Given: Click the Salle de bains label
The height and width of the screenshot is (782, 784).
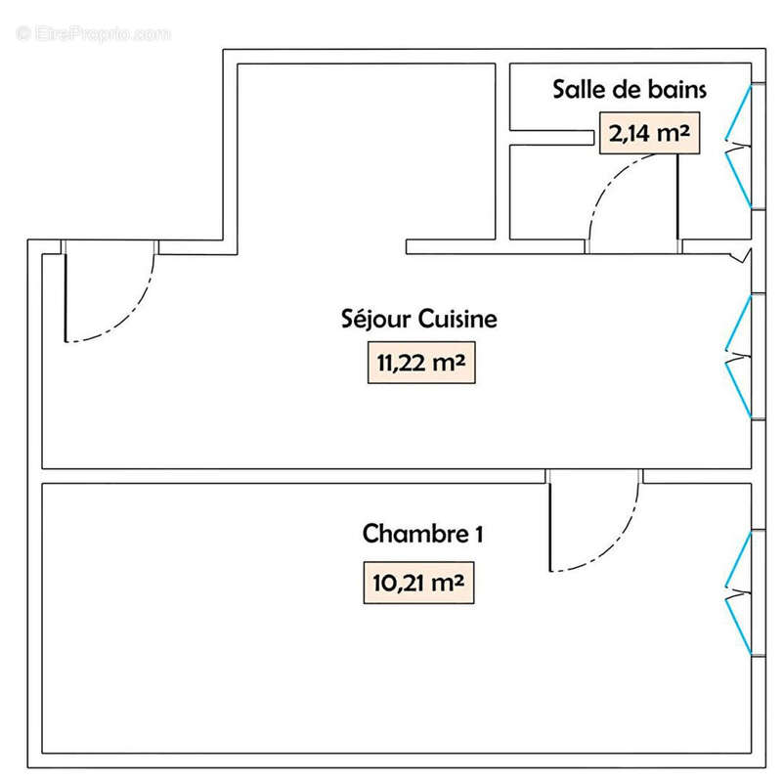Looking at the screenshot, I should (x=630, y=90).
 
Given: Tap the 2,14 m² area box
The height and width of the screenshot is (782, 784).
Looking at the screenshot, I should (x=650, y=134).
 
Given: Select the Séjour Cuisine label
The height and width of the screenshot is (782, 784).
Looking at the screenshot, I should (x=419, y=319).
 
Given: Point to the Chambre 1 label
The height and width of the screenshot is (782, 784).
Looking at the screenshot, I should (x=423, y=535).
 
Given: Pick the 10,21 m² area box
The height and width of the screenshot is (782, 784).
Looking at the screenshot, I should (x=417, y=584).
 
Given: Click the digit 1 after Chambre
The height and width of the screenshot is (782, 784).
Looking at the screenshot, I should (x=478, y=535).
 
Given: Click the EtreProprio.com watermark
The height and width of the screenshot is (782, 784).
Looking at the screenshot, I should (x=93, y=33).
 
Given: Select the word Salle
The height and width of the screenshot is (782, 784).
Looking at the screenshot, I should (x=576, y=90).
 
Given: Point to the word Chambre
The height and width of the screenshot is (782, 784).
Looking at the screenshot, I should (x=412, y=535).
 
